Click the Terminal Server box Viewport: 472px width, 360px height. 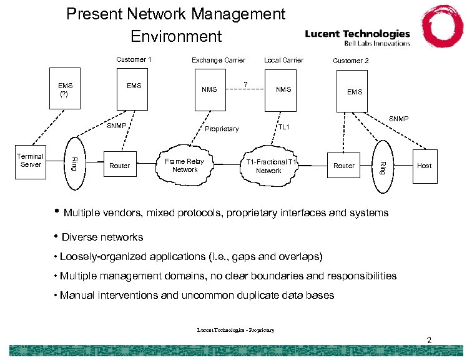(x=31, y=161)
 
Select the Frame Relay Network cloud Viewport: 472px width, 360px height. (x=185, y=166)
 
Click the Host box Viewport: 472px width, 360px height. (x=424, y=166)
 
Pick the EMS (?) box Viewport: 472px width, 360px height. (x=65, y=90)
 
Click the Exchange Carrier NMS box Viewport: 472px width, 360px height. (x=210, y=90)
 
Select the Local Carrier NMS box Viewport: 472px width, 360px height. (x=283, y=90)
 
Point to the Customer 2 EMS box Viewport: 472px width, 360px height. (x=354, y=92)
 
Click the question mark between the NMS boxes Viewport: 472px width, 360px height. (x=245, y=84)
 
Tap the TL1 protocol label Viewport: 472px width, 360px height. (x=283, y=127)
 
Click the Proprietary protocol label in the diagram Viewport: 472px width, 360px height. (x=222, y=129)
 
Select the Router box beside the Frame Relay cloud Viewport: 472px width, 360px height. (x=119, y=166)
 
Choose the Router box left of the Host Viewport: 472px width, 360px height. (x=343, y=166)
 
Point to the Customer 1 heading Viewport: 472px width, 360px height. (x=134, y=60)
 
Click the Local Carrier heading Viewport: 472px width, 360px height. (x=283, y=60)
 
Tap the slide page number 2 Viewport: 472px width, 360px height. (x=429, y=340)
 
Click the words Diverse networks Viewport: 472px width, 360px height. (x=102, y=237)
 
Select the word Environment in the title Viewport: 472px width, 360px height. (x=176, y=36)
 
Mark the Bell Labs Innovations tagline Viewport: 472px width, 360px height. (x=377, y=43)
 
